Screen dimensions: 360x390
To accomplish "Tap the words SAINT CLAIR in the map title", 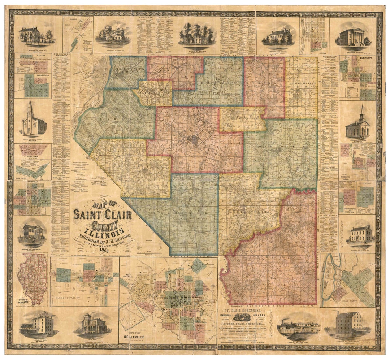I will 103,215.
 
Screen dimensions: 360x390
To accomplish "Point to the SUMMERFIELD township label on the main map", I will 302,83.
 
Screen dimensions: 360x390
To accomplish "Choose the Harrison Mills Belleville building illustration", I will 347,325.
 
